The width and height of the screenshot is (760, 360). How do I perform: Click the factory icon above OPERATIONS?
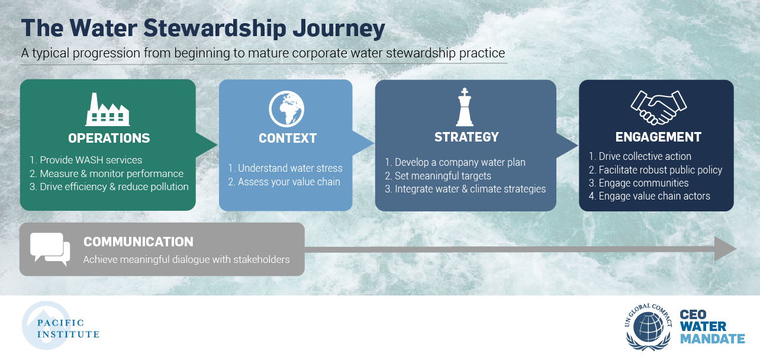coord(108,110)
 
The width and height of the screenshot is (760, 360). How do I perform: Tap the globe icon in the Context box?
coord(286,109)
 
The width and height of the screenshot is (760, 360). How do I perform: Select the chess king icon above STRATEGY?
coord(465,107)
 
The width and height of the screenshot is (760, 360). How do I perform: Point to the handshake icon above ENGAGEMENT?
coord(659,107)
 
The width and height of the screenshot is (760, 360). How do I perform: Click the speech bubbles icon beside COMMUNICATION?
coord(50,249)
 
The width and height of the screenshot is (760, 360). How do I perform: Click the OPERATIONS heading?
coord(109,138)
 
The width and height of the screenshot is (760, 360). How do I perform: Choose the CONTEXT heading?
coord(288,138)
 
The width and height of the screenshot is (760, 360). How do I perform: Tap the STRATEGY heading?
coord(466,137)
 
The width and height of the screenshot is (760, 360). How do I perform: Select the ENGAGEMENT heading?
coord(658,137)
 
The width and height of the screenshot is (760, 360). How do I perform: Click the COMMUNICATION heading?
coord(139,242)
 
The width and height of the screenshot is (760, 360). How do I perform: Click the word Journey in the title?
coord(339,28)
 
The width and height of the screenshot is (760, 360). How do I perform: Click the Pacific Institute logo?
coord(60,326)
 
